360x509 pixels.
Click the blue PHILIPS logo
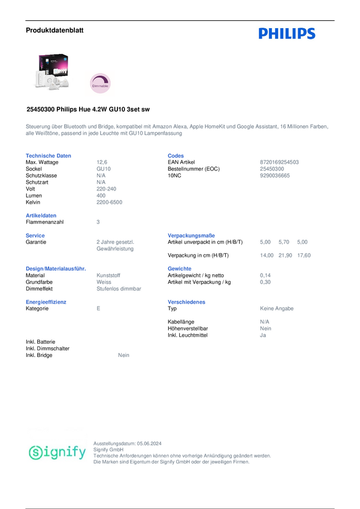click(286, 34)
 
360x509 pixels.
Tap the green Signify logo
click(58, 452)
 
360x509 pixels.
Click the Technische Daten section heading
click(49, 156)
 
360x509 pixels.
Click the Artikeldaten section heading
click(41, 215)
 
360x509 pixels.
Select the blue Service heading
click(35, 235)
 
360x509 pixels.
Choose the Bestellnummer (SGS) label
click(194, 169)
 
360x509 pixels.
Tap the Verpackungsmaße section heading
click(191, 235)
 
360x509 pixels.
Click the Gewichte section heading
click(180, 268)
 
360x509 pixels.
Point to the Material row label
click(37, 275)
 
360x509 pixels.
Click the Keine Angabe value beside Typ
click(277, 308)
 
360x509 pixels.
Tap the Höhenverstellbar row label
click(189, 328)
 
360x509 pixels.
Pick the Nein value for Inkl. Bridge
click(125, 355)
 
